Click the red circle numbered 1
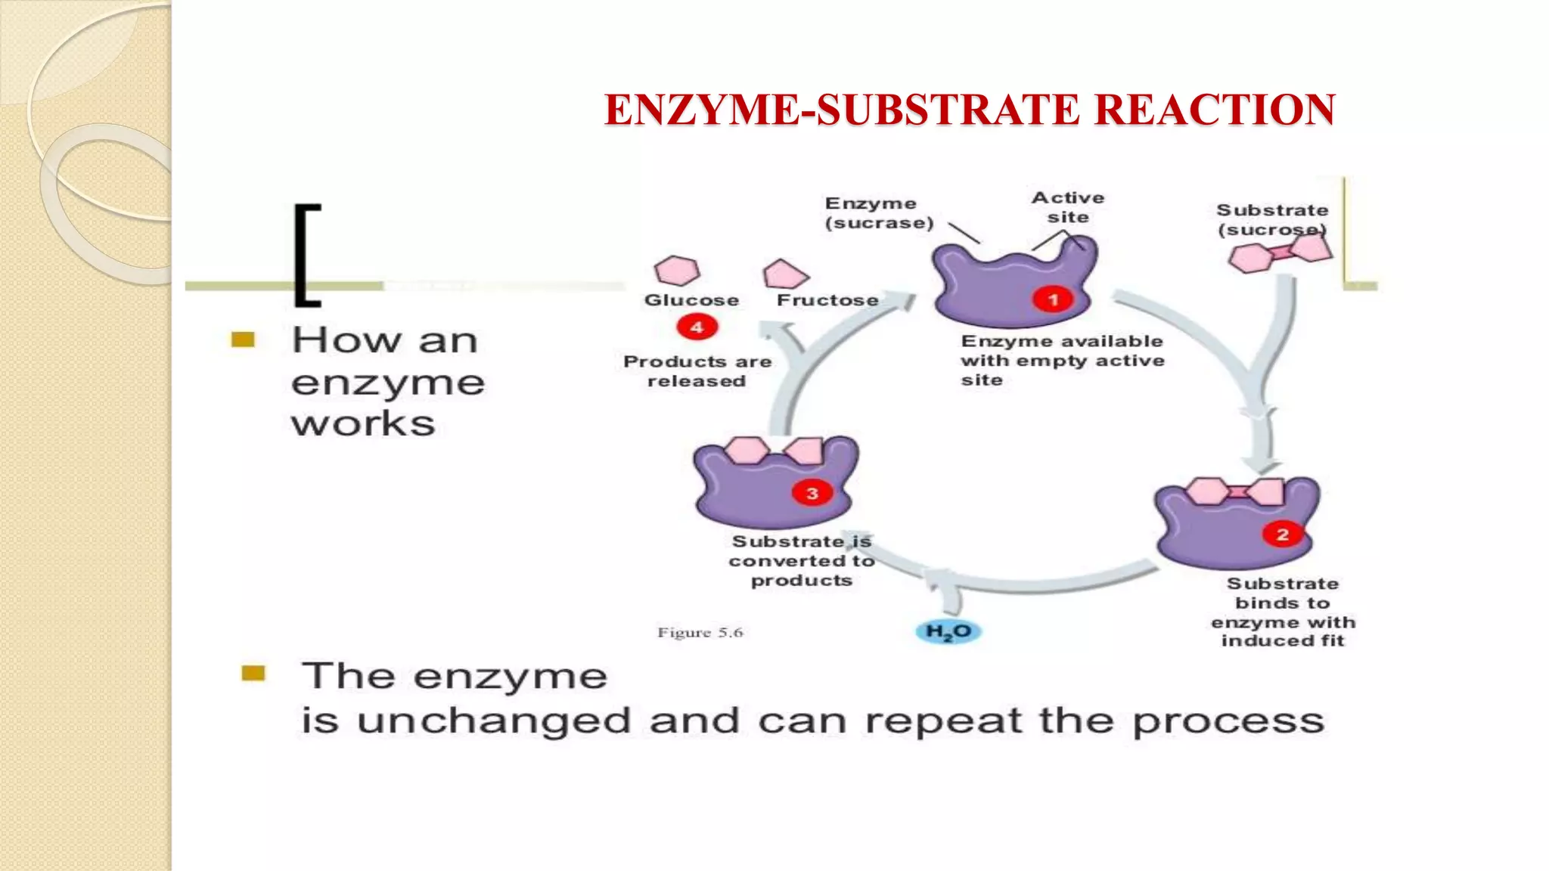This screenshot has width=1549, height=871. coord(1053,300)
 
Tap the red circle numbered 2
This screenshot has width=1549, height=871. coord(1282,535)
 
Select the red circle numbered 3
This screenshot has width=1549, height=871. coord(812,494)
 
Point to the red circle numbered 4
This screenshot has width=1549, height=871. coord(697,327)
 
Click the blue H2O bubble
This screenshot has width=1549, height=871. coord(948,632)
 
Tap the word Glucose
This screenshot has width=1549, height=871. coord(691,300)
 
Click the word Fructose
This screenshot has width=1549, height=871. coord(827,300)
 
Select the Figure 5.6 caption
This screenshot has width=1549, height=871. coord(700,633)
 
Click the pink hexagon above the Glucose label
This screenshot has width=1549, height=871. coord(677,270)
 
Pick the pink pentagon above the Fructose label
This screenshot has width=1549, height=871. coord(785,274)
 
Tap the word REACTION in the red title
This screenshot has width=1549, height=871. coord(1215,110)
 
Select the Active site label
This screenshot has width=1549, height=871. coord(1068,207)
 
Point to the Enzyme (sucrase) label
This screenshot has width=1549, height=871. coord(878,213)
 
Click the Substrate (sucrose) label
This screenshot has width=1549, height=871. coord(1272,219)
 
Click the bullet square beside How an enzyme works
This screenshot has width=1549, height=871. coord(243,339)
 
